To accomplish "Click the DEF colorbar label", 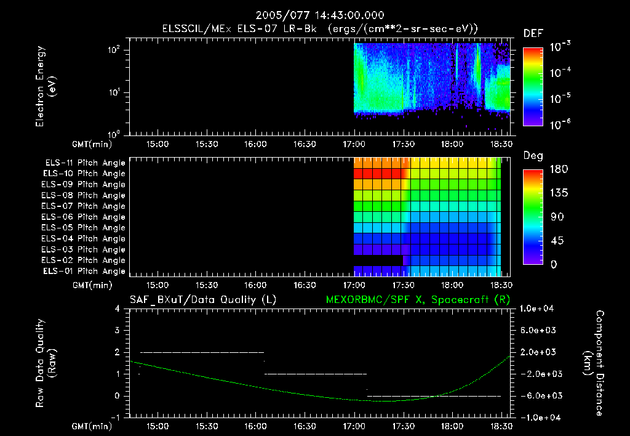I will point(533,34).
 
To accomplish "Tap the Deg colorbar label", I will point(533,156).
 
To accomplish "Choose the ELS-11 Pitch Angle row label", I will point(85,163).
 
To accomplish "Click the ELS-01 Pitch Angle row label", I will point(85,271).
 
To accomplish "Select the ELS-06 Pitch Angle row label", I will point(85,217).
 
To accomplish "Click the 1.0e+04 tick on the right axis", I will point(538,309).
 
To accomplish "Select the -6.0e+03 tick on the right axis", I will point(538,395).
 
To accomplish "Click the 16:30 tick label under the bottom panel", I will point(305,426).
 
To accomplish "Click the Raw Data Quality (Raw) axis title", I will point(46,363).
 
